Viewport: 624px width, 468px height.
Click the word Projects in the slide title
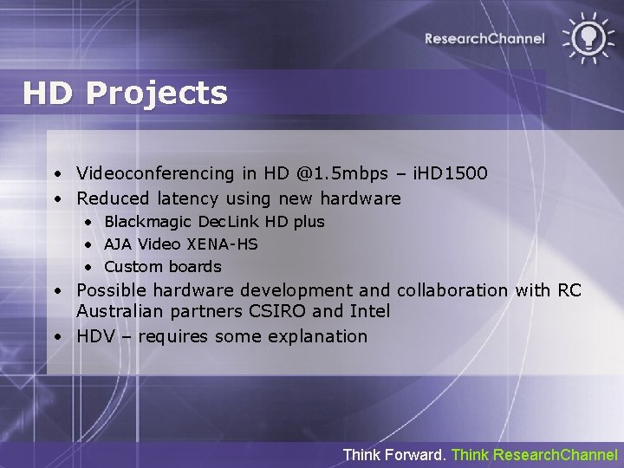point(157,94)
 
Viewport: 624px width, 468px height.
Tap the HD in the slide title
point(49,93)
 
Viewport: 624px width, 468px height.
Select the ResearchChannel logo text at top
point(484,38)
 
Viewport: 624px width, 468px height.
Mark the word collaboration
point(452,290)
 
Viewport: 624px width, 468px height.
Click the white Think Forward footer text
point(395,454)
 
